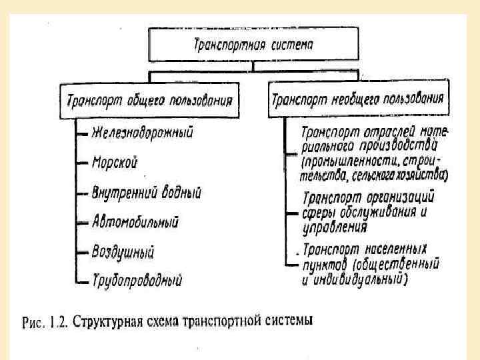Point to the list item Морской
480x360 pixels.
[x=115, y=161]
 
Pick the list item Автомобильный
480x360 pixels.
[x=136, y=221]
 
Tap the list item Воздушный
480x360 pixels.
[x=124, y=252]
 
